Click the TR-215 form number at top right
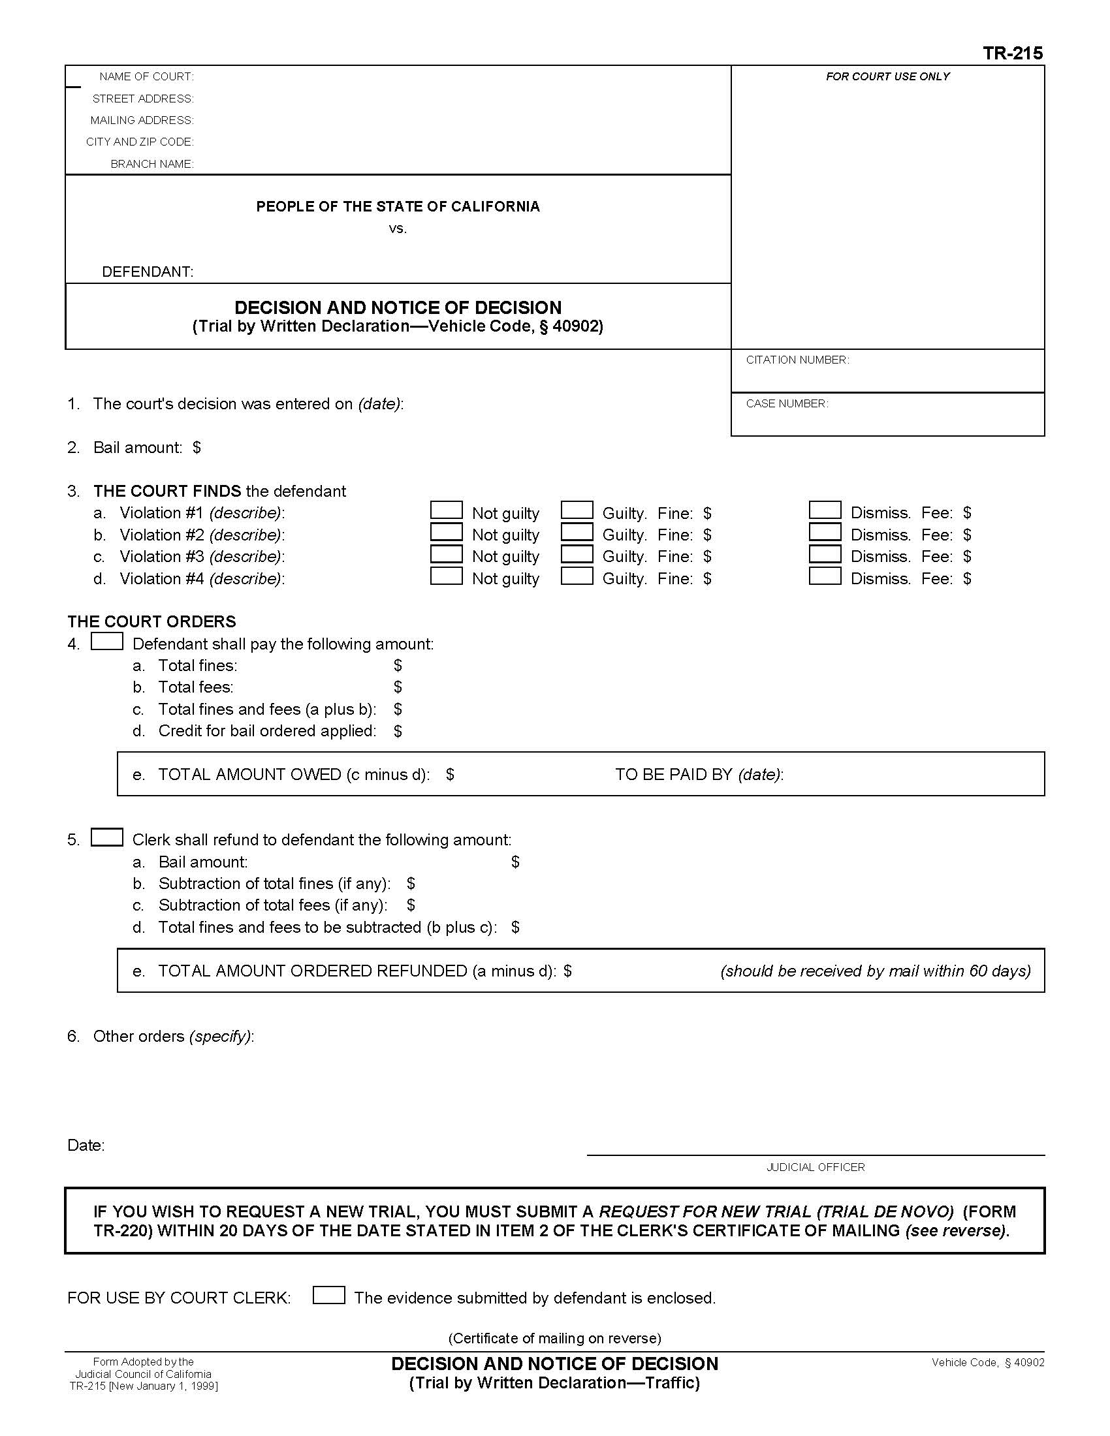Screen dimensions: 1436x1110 1012,54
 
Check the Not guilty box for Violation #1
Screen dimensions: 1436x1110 446,510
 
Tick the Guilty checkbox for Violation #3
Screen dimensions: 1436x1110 577,554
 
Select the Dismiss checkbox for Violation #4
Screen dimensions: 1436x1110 825,576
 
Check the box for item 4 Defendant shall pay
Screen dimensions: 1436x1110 106,641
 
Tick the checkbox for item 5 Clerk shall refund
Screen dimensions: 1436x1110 106,837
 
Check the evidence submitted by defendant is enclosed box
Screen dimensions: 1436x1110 328,1295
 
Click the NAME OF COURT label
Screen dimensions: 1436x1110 146,77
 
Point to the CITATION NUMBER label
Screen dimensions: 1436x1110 797,360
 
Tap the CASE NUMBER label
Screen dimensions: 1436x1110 787,403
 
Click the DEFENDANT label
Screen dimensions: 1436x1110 148,272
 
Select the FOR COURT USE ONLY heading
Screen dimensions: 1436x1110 887,77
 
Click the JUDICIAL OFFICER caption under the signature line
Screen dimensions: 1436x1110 815,1167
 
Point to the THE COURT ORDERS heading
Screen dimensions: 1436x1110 151,621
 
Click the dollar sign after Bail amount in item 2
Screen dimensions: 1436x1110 197,448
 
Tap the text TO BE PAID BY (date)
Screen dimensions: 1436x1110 699,775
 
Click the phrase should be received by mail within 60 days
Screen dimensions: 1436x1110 875,971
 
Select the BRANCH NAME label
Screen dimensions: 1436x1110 152,164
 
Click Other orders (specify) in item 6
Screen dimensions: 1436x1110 173,1037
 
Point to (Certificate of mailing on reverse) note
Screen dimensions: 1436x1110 554,1338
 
